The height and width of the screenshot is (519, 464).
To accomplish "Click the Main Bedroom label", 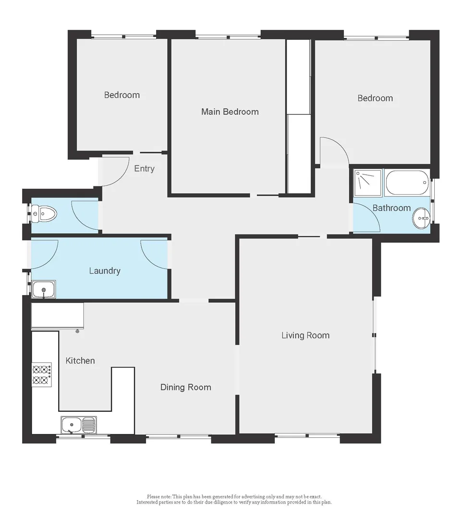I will pyautogui.click(x=230, y=112).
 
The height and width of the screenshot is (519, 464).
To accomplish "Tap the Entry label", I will pyautogui.click(x=144, y=169).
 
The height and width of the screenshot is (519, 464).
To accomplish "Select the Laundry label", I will pyautogui.click(x=105, y=271).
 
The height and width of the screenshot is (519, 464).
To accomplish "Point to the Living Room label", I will pyautogui.click(x=305, y=335).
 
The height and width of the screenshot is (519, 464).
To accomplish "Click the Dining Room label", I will pyautogui.click(x=185, y=387).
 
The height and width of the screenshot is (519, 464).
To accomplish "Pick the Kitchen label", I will pyautogui.click(x=80, y=360).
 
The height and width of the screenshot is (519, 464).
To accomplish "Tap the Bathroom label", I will pyautogui.click(x=391, y=208).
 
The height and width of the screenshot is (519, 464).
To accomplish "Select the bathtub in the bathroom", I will pyautogui.click(x=407, y=182).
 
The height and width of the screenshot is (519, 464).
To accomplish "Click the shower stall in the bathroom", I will pyautogui.click(x=368, y=183).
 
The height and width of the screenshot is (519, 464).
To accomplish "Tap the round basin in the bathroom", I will pyautogui.click(x=422, y=220).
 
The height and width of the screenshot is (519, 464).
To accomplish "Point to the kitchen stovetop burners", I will pyautogui.click(x=41, y=375).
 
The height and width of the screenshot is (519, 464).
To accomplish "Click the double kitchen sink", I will pyautogui.click(x=79, y=425).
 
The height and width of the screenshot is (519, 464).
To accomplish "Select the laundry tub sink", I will pyautogui.click(x=44, y=289).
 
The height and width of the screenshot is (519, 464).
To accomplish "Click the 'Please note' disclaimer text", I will pyautogui.click(x=234, y=499).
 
